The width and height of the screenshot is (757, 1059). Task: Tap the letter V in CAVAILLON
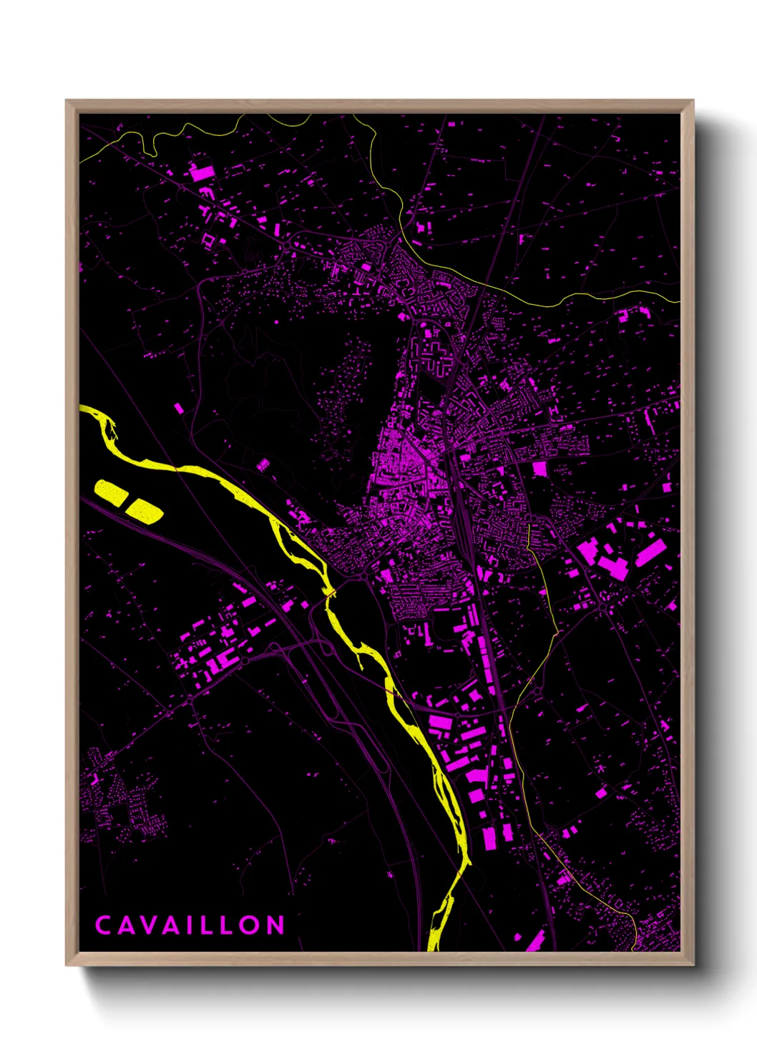[x=149, y=925]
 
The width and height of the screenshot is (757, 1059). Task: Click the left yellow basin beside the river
[x=111, y=491]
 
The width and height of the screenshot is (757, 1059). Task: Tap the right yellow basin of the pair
[x=145, y=509]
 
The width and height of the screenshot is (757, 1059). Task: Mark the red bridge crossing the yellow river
[x=329, y=593]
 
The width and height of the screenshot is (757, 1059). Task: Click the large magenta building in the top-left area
[x=202, y=172]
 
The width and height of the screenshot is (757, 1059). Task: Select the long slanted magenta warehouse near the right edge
[x=651, y=552]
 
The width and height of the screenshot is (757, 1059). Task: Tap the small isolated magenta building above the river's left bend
[x=178, y=408]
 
